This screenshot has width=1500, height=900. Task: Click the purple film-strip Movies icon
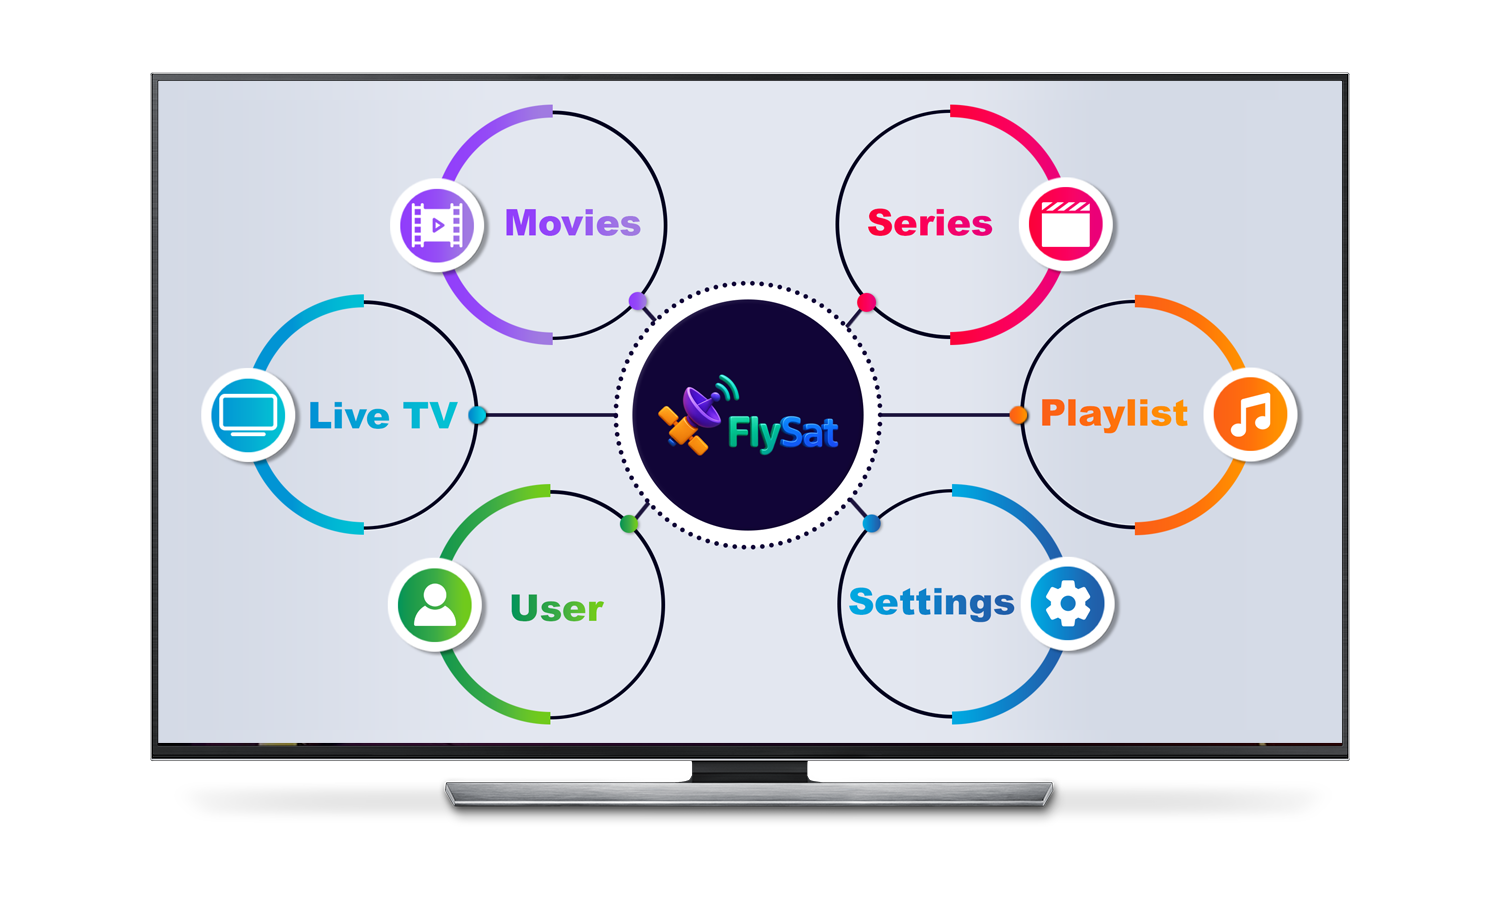[x=437, y=226]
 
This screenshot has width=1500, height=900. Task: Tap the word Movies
[x=573, y=223]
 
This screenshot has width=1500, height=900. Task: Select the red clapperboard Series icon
[x=1065, y=224]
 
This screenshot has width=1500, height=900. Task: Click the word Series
[x=929, y=223]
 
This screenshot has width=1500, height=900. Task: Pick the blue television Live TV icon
[x=248, y=415]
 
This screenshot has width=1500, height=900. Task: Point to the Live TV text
[x=382, y=415]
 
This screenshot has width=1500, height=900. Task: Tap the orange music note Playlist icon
[x=1250, y=415]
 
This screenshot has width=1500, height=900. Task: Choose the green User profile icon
[x=435, y=605]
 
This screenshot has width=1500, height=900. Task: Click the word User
[x=556, y=608]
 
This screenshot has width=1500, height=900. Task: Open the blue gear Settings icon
[x=1067, y=603]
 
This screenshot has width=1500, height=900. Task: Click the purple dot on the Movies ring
[x=638, y=301]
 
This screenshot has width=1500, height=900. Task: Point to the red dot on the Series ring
[x=867, y=302]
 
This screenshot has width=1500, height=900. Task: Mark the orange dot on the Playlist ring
[x=1019, y=415]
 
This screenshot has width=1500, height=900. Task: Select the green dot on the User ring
[x=629, y=524]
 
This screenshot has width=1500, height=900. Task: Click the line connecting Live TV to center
[x=550, y=415]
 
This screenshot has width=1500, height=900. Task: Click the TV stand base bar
[x=749, y=794]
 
